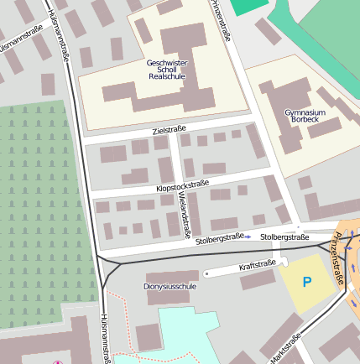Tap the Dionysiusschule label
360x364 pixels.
pos(170,287)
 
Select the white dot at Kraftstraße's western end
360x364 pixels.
pos(206,273)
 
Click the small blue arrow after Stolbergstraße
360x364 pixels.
pos(248,238)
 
